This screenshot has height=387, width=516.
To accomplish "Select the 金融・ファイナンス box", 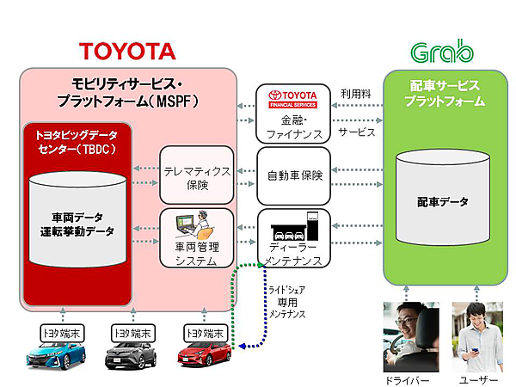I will coord(293,113).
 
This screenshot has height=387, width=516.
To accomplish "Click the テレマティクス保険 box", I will coord(197,175).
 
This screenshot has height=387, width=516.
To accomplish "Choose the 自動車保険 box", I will coord(293,175).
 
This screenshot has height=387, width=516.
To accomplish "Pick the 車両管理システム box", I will coord(197,238).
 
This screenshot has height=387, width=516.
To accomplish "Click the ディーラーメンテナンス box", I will coord(293,238).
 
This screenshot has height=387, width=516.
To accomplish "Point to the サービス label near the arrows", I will coord(356,134).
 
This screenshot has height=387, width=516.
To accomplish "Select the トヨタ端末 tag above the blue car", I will coord(54,331).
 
